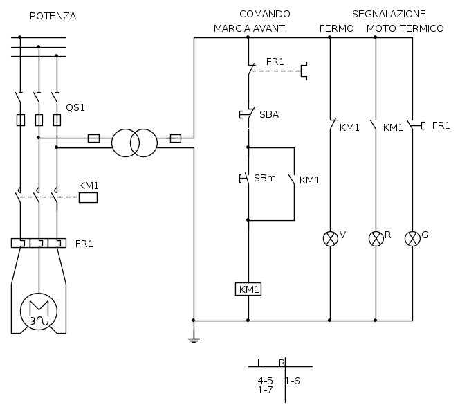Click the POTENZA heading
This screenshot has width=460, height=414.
tap(53, 16)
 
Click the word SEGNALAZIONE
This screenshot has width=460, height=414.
tap(389, 14)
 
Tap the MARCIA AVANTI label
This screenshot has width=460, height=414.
tap(250, 28)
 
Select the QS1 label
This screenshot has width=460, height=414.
tap(75, 108)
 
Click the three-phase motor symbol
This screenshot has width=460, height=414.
tap(38, 309)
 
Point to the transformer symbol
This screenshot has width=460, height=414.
tap(134, 143)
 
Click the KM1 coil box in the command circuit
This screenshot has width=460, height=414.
tap(248, 289)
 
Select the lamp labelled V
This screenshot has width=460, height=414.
tap(330, 239)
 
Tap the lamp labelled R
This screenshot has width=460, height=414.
tap(376, 239)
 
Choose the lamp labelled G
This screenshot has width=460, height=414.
tap(412, 239)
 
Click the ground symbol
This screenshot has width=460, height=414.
tap(194, 339)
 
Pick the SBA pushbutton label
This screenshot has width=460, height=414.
tap(269, 114)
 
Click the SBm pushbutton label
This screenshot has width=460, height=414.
tap(265, 178)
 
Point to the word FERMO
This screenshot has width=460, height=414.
tap(337, 28)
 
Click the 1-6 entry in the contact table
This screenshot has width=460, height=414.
tap(293, 381)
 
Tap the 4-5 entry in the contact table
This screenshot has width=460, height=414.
tap(265, 381)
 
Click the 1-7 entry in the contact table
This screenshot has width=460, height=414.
tap(265, 390)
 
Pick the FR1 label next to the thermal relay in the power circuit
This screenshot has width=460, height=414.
tap(84, 244)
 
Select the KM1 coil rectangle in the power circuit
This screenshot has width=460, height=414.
tap(88, 197)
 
